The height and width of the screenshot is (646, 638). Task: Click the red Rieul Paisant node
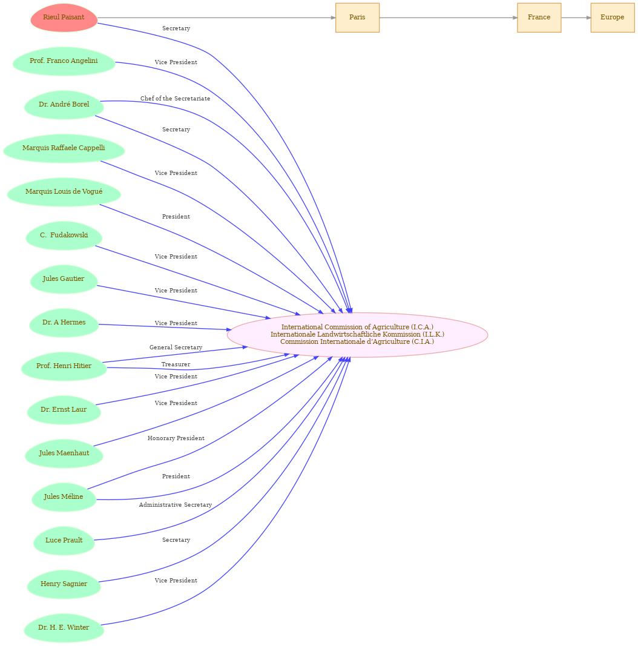64,18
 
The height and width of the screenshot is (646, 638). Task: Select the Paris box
357,18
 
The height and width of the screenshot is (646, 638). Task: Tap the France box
539,18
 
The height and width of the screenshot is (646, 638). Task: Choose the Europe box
612,18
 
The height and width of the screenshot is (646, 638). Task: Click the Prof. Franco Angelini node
64,61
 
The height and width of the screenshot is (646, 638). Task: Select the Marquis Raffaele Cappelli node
64,148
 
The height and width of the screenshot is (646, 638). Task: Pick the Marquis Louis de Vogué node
64,192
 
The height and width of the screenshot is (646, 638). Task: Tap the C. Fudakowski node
64,236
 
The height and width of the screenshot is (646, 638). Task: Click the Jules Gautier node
64,279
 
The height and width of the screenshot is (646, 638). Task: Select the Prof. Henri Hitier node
64,366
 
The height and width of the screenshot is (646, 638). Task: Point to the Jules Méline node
64,497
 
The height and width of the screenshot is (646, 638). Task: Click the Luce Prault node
64,541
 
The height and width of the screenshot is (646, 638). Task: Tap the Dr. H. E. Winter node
64,628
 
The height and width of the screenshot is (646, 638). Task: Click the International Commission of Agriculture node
357,335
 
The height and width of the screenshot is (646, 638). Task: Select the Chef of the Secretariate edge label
175,99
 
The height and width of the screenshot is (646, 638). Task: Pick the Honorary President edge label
176,438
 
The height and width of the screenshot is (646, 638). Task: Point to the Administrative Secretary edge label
176,505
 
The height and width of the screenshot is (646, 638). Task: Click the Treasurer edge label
176,364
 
